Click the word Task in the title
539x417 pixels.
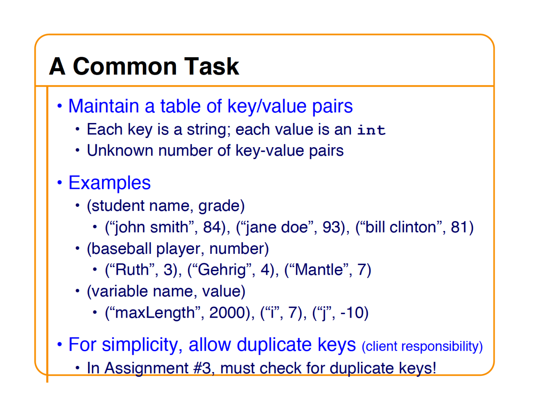[x=212, y=66]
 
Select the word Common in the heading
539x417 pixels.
[x=125, y=66]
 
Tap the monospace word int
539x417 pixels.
[x=371, y=130]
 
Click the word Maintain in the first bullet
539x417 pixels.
[x=104, y=106]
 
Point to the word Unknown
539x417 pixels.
[x=120, y=150]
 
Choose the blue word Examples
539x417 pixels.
[x=109, y=183]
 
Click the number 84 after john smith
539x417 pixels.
[x=212, y=227]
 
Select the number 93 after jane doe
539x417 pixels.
[x=331, y=227]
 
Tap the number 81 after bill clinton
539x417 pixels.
[x=459, y=227]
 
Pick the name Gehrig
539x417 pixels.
[x=222, y=270]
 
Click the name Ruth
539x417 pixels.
[x=132, y=269]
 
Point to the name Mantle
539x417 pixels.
[x=319, y=269]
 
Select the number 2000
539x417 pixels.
[x=227, y=312]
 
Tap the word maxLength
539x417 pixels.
[x=155, y=313]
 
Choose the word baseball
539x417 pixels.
[x=121, y=249]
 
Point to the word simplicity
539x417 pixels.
[x=140, y=345]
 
